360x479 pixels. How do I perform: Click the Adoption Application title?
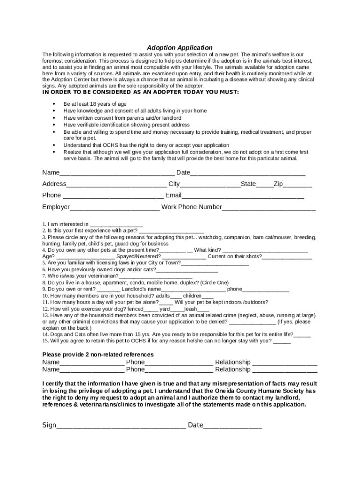(x=180, y=48)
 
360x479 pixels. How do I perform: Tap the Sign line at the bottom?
(x=121, y=426)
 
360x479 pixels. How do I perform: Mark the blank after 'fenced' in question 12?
(x=151, y=310)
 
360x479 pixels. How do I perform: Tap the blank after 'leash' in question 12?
(x=203, y=310)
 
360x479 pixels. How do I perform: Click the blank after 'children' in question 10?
(x=208, y=297)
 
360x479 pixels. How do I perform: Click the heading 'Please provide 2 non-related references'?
(x=98, y=355)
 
